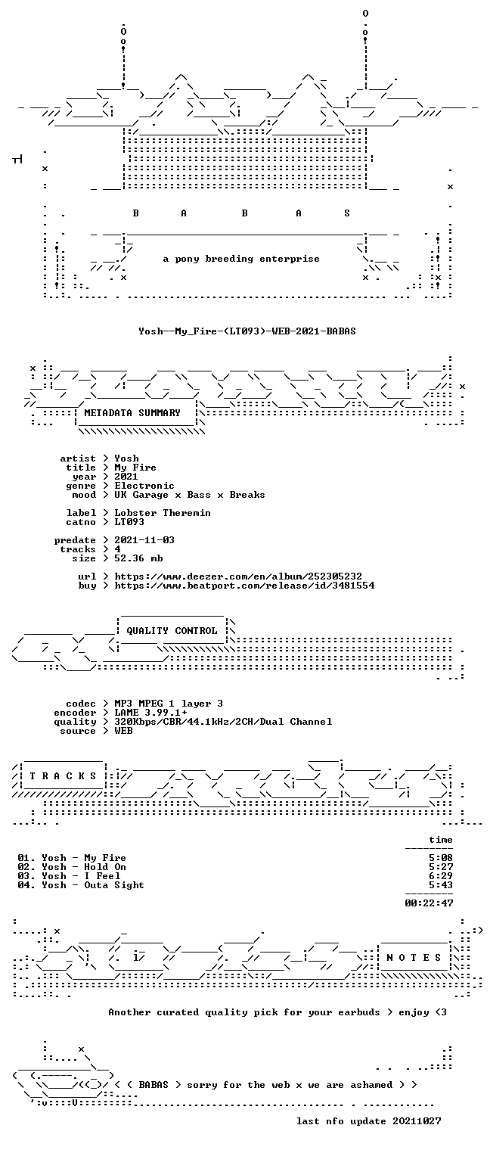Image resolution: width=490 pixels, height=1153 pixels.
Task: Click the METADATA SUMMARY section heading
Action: click(x=132, y=413)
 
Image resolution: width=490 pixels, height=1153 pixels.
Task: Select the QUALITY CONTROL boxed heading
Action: click(x=172, y=631)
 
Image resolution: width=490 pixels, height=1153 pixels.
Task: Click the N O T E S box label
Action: click(x=414, y=957)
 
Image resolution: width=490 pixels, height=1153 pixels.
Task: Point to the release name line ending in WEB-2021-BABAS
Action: click(x=247, y=331)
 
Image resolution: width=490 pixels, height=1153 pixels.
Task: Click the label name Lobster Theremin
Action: click(x=163, y=513)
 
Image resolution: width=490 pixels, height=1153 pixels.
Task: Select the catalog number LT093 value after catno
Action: click(x=129, y=522)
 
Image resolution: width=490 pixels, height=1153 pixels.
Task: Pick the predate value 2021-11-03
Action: click(x=144, y=540)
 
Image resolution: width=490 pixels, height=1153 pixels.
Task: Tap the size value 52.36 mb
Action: click(x=138, y=558)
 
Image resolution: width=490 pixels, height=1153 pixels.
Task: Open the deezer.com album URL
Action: click(x=238, y=576)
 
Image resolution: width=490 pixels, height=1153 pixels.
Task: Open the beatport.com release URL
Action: click(x=244, y=586)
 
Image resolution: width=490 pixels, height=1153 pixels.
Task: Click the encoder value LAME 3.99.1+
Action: click(x=150, y=713)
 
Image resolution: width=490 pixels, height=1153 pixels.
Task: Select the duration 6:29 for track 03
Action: click(x=441, y=876)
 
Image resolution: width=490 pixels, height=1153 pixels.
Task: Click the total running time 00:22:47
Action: click(x=430, y=903)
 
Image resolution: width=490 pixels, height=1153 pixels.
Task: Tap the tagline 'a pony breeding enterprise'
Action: click(x=241, y=259)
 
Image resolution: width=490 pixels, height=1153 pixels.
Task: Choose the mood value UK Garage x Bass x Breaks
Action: click(x=190, y=495)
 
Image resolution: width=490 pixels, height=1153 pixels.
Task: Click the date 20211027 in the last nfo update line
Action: click(x=417, y=1121)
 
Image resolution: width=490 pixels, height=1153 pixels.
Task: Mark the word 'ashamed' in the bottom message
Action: click(x=371, y=1085)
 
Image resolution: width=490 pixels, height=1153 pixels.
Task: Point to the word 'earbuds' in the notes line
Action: click(x=359, y=1012)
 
